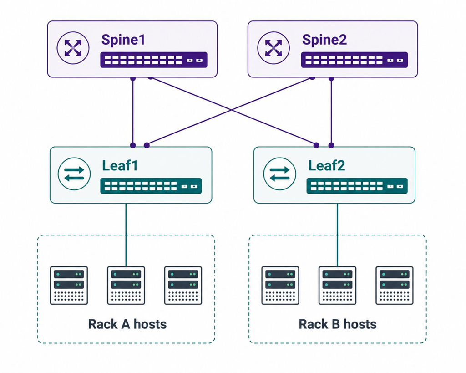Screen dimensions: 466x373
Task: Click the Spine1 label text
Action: point(123,40)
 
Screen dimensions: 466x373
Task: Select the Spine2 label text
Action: point(324,40)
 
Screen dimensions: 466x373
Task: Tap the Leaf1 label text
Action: point(120,165)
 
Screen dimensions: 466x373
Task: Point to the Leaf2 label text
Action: point(327,165)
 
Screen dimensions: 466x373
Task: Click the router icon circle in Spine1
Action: point(73,48)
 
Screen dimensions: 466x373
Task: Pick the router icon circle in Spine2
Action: point(274,48)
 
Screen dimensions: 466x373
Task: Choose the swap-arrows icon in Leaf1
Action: point(74,174)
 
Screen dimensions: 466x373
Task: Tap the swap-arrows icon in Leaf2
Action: point(280,174)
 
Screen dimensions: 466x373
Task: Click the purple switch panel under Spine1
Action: point(154,60)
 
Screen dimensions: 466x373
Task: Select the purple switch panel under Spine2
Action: point(354,60)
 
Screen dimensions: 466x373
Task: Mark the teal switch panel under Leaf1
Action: point(151,186)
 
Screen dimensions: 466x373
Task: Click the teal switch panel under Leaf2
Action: point(357,186)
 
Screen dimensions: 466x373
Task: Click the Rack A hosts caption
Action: point(127,324)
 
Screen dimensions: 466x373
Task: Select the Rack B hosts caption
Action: point(338,324)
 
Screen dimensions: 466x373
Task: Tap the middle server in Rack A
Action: point(126,286)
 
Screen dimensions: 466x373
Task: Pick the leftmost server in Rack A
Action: point(69,286)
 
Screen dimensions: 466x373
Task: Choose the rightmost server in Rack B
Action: point(395,286)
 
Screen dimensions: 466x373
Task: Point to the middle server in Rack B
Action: point(338,286)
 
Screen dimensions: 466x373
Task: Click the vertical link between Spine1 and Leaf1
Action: point(133,112)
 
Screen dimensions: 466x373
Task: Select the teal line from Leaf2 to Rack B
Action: point(337,235)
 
